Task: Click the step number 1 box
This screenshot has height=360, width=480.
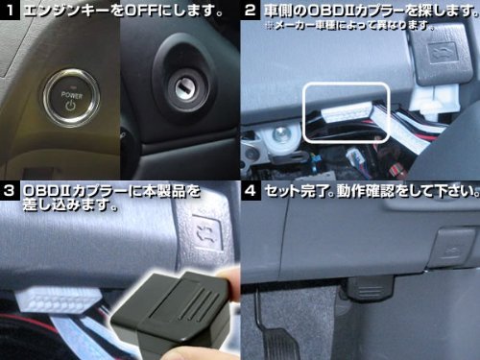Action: pos(10,10)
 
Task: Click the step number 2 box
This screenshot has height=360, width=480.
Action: pos(250,10)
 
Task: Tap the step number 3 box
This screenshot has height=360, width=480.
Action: pos(10,191)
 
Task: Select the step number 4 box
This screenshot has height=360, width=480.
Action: pos(251,191)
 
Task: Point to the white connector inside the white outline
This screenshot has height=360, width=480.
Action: pos(348,113)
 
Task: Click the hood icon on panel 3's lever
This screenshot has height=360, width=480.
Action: pos(207,232)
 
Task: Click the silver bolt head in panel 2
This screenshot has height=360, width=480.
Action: pos(280,135)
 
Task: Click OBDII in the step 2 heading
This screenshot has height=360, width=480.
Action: pos(332,11)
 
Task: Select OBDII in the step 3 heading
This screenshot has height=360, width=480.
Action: pos(47,191)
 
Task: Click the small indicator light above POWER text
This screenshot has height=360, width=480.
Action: pos(73,87)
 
